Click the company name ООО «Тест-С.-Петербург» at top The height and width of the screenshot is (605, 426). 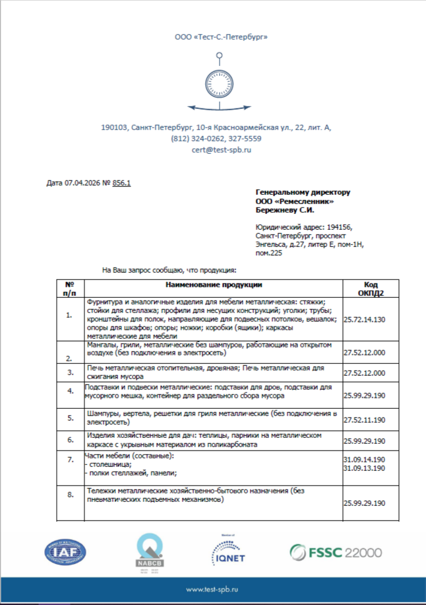click(222, 38)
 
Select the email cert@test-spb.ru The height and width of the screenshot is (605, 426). click(222, 150)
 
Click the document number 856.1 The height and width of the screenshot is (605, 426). click(122, 182)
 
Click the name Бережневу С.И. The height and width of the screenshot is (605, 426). click(285, 210)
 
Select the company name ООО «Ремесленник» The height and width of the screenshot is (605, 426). click(294, 201)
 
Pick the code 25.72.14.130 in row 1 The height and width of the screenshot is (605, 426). click(365, 318)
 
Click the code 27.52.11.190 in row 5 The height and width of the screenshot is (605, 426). click(365, 419)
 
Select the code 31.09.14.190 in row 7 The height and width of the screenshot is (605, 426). click(365, 459)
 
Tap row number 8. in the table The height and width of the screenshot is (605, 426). click(70, 494)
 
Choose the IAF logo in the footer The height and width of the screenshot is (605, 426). click(65, 551)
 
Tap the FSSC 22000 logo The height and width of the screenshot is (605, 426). click(336, 551)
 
